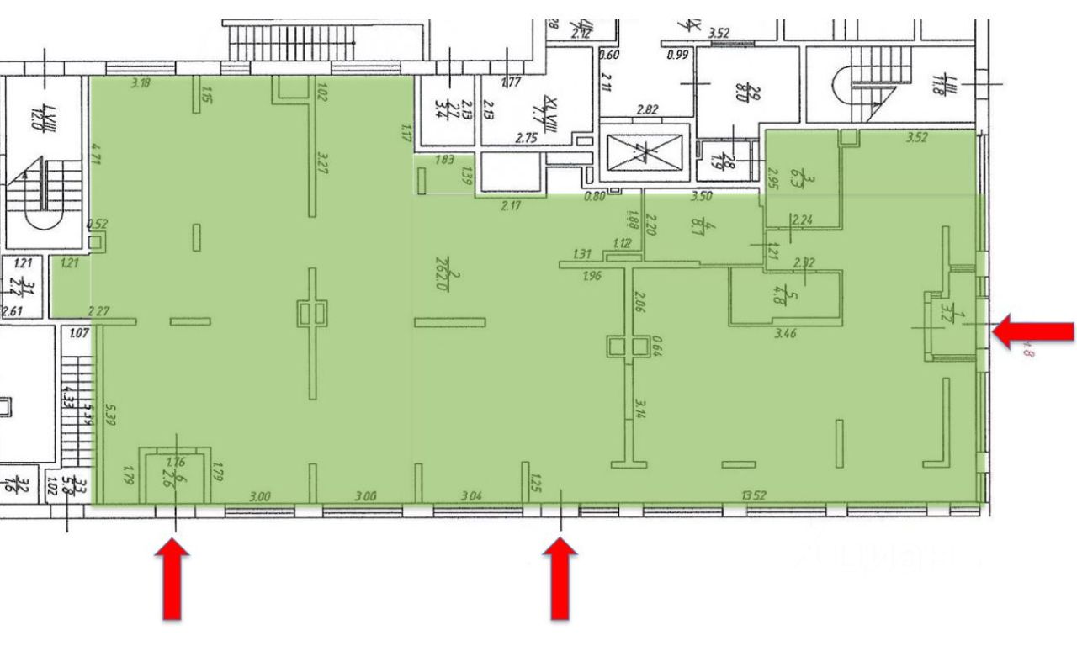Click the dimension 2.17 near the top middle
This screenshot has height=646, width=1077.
click(x=511, y=206)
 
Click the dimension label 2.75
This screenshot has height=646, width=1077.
click(x=527, y=136)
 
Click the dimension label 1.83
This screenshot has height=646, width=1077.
click(x=445, y=160)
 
